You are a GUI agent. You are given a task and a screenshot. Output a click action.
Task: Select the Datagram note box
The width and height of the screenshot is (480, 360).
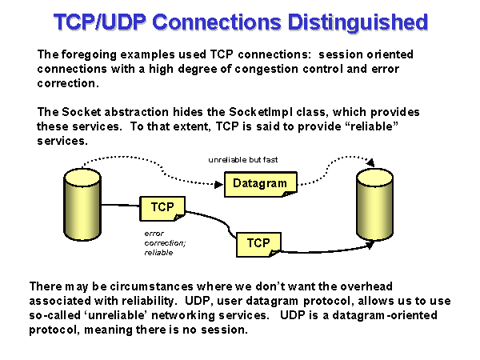tap(260, 184)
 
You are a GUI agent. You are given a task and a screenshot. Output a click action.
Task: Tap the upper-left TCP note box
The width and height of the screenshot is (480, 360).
tap(162, 208)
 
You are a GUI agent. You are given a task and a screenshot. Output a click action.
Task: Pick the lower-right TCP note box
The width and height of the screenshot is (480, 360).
tap(258, 242)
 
